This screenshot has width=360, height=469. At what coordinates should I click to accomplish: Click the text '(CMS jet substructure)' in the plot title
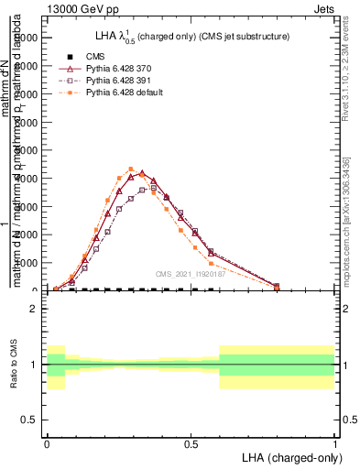pos(242,37)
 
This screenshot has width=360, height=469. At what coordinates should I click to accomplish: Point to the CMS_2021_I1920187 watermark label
pos(191,274)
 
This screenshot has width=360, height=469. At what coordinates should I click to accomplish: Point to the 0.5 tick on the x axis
pos(191,442)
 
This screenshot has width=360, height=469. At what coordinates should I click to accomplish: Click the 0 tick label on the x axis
pos(47,442)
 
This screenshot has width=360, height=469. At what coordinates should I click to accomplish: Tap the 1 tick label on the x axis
pos(334,442)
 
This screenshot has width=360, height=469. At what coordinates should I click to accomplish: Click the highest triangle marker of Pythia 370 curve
pos(142,173)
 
